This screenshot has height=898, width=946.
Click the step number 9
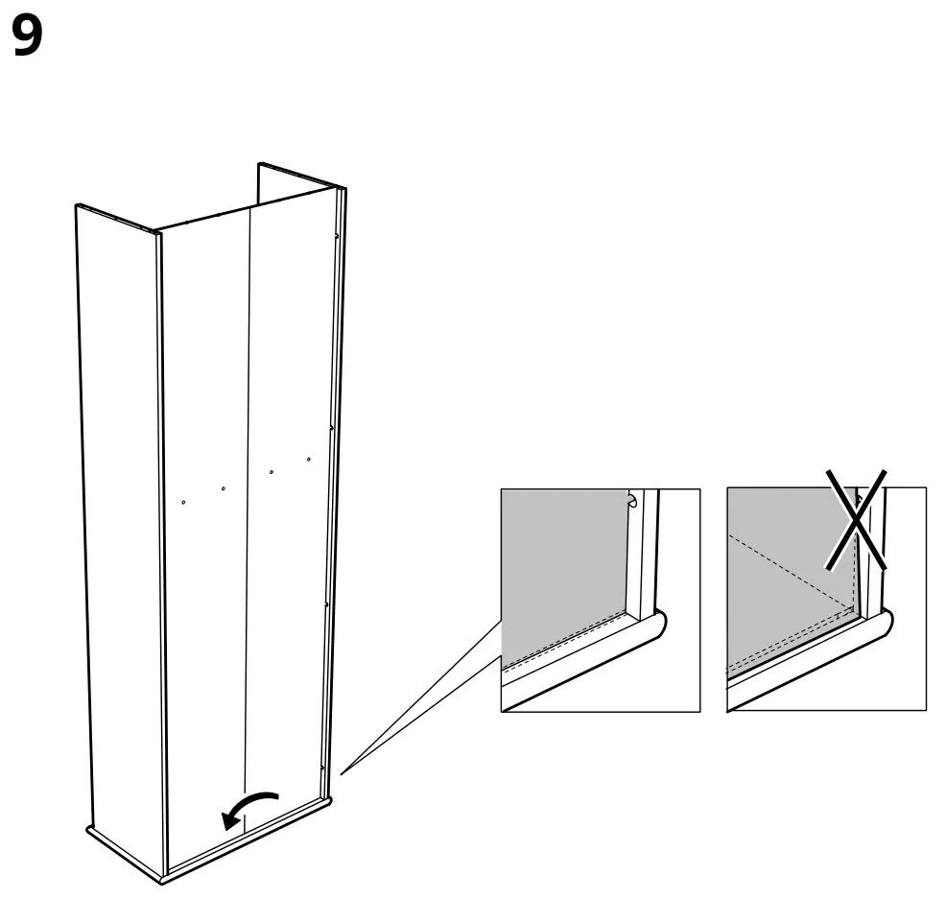[28, 39]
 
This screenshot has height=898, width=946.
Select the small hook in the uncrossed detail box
[631, 500]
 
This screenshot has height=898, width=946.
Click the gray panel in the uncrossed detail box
[561, 566]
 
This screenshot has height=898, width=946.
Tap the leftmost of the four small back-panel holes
[183, 501]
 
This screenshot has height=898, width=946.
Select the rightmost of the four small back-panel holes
[309, 461]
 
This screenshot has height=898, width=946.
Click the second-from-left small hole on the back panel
[224, 489]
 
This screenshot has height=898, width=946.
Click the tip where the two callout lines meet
[342, 770]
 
